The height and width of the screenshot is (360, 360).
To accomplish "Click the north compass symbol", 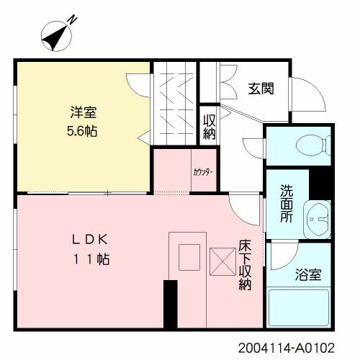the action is pos(56,36).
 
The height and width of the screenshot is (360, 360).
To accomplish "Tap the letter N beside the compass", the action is pos(72,20).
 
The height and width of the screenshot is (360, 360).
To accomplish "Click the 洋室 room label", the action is pos(84,112).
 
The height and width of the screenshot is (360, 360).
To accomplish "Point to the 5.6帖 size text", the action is pos(82,131).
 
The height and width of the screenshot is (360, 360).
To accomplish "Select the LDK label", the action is pos(90,239).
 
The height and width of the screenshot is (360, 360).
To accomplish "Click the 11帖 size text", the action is pos(91,259).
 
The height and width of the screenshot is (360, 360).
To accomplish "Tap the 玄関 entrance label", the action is pos(261,89).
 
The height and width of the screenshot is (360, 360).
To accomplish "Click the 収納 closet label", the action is pos(210,127).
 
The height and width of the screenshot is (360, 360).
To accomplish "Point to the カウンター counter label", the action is pos(203,172).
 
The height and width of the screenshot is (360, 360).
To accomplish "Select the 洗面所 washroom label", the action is pos(287,204).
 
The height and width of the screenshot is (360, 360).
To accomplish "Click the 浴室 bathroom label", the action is pos(308,275).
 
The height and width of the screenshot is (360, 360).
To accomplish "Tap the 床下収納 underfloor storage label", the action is pos(245,265).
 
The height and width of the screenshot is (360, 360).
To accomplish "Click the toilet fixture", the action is pos(314,145).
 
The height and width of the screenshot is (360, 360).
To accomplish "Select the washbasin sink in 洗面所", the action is pos(318,219).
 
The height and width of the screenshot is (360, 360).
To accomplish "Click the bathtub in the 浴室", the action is pos(299,308).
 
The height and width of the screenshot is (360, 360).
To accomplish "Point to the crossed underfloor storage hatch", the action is pos(222,261).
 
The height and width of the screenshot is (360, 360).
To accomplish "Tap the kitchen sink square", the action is pos(189,257).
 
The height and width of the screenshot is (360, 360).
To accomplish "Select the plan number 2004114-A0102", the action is pos(287,348).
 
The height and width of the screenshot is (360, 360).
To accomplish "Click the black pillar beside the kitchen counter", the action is pos(171,304).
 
